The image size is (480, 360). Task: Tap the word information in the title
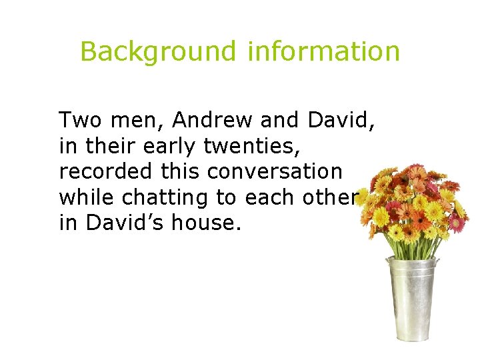[x=323, y=51]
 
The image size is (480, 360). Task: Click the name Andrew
[x=213, y=121]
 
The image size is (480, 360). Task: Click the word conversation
[x=275, y=171]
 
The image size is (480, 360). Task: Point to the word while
[x=80, y=197]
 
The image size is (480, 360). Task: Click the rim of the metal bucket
[x=413, y=261]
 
